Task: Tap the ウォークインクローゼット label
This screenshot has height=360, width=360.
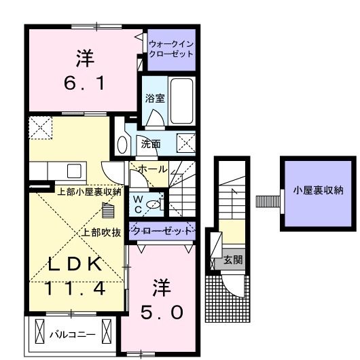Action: [170, 49]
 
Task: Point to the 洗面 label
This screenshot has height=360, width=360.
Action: [151, 143]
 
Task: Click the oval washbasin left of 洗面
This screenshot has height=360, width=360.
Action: [123, 144]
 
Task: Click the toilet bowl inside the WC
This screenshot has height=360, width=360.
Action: [155, 202]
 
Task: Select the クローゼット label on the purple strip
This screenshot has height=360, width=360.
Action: [160, 231]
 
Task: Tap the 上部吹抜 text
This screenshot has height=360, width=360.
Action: [102, 232]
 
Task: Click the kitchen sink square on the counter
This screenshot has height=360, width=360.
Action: [74, 170]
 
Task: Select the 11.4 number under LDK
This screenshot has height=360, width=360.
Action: [76, 288]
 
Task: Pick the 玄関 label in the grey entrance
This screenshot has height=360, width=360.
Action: [233, 259]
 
